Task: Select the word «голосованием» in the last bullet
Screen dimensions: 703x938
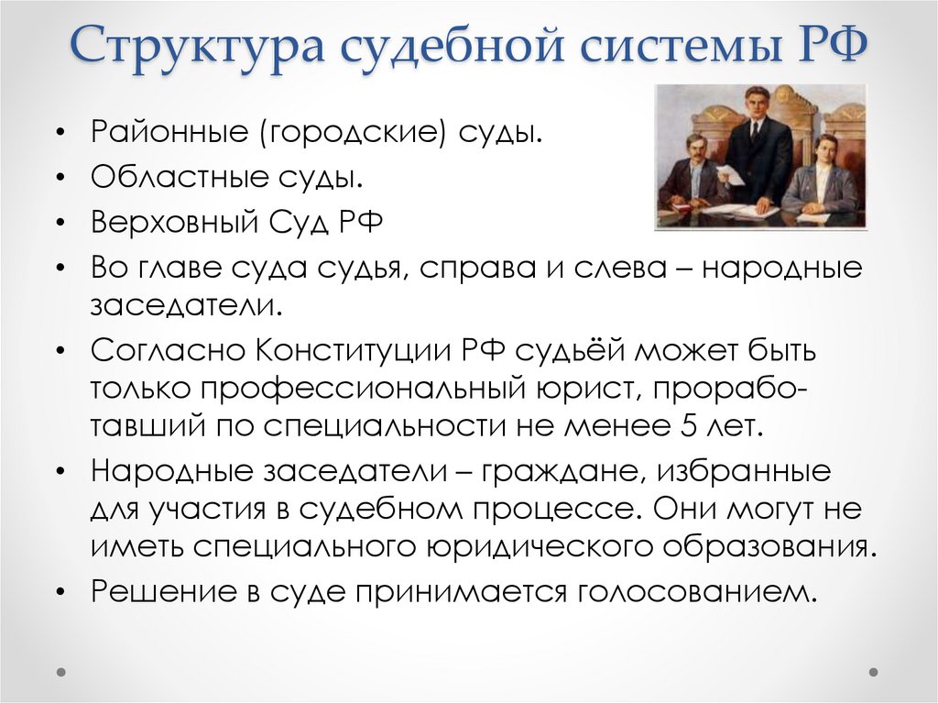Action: (696, 591)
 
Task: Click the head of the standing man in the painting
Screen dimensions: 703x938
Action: (757, 104)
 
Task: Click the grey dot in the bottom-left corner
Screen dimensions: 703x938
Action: (61, 671)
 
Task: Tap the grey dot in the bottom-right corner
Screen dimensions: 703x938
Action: (878, 671)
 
